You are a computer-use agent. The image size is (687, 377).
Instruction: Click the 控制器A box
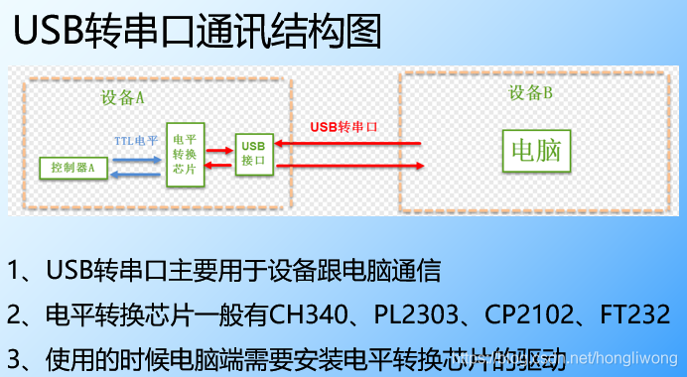[72, 168]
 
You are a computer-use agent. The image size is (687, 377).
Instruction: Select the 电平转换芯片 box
[186, 154]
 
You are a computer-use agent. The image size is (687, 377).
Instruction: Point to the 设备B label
[530, 93]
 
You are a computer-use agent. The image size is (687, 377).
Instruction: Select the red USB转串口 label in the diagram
[343, 127]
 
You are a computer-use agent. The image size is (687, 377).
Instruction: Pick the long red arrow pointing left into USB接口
[347, 145]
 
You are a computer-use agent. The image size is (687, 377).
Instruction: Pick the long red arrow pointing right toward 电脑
[347, 165]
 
